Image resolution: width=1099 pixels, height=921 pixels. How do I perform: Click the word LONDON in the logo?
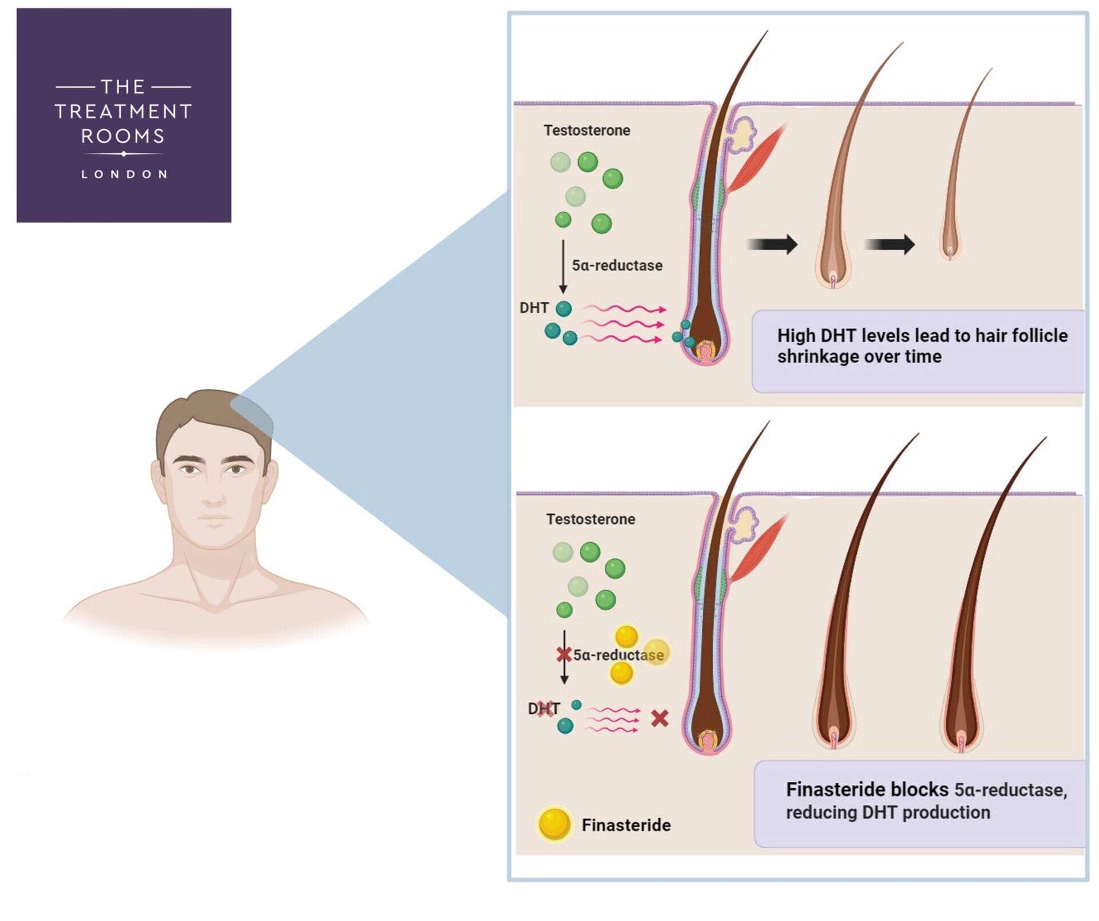point(124,174)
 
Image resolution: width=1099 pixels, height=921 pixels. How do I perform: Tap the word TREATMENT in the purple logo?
point(123,111)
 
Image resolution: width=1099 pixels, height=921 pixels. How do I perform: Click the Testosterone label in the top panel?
point(587,130)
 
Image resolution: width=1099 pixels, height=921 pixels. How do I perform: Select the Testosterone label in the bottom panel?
point(590,519)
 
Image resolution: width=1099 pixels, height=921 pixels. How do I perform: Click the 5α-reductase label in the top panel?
point(617,265)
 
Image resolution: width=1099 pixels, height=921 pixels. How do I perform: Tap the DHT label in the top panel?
point(533,308)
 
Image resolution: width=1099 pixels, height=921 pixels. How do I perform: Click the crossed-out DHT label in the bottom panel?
point(543,709)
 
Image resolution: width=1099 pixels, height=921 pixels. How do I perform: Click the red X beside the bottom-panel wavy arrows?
point(659,718)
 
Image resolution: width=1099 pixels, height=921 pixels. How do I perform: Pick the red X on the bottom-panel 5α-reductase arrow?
point(564,654)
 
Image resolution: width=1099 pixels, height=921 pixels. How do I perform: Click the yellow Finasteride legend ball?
point(554,824)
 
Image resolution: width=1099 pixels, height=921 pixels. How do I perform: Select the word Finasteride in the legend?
point(626,825)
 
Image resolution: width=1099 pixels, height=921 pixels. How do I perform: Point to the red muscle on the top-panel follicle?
point(756,159)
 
